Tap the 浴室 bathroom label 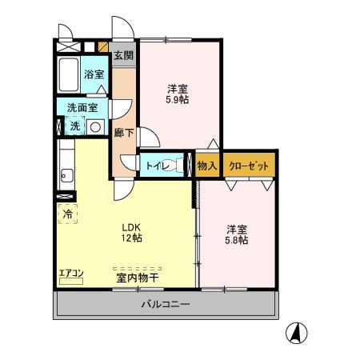(94, 74)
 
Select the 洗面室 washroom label (82, 107)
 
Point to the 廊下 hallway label (124, 133)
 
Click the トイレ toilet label (156, 166)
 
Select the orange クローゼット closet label (248, 166)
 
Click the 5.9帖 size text (178, 101)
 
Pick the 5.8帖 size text (236, 240)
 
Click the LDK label (132, 226)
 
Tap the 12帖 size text (132, 238)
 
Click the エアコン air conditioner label (71, 274)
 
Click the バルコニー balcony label (166, 305)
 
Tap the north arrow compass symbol (298, 332)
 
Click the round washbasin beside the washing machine (94, 126)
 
